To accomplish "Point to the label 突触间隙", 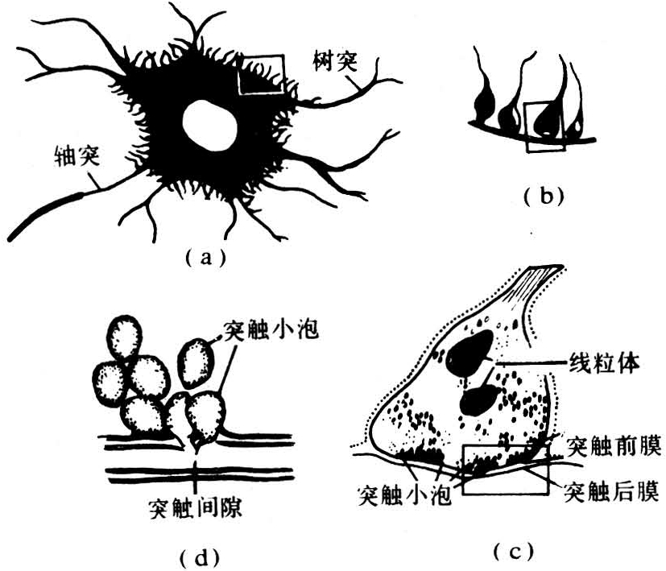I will click(196, 508).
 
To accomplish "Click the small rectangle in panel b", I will click(539, 126).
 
